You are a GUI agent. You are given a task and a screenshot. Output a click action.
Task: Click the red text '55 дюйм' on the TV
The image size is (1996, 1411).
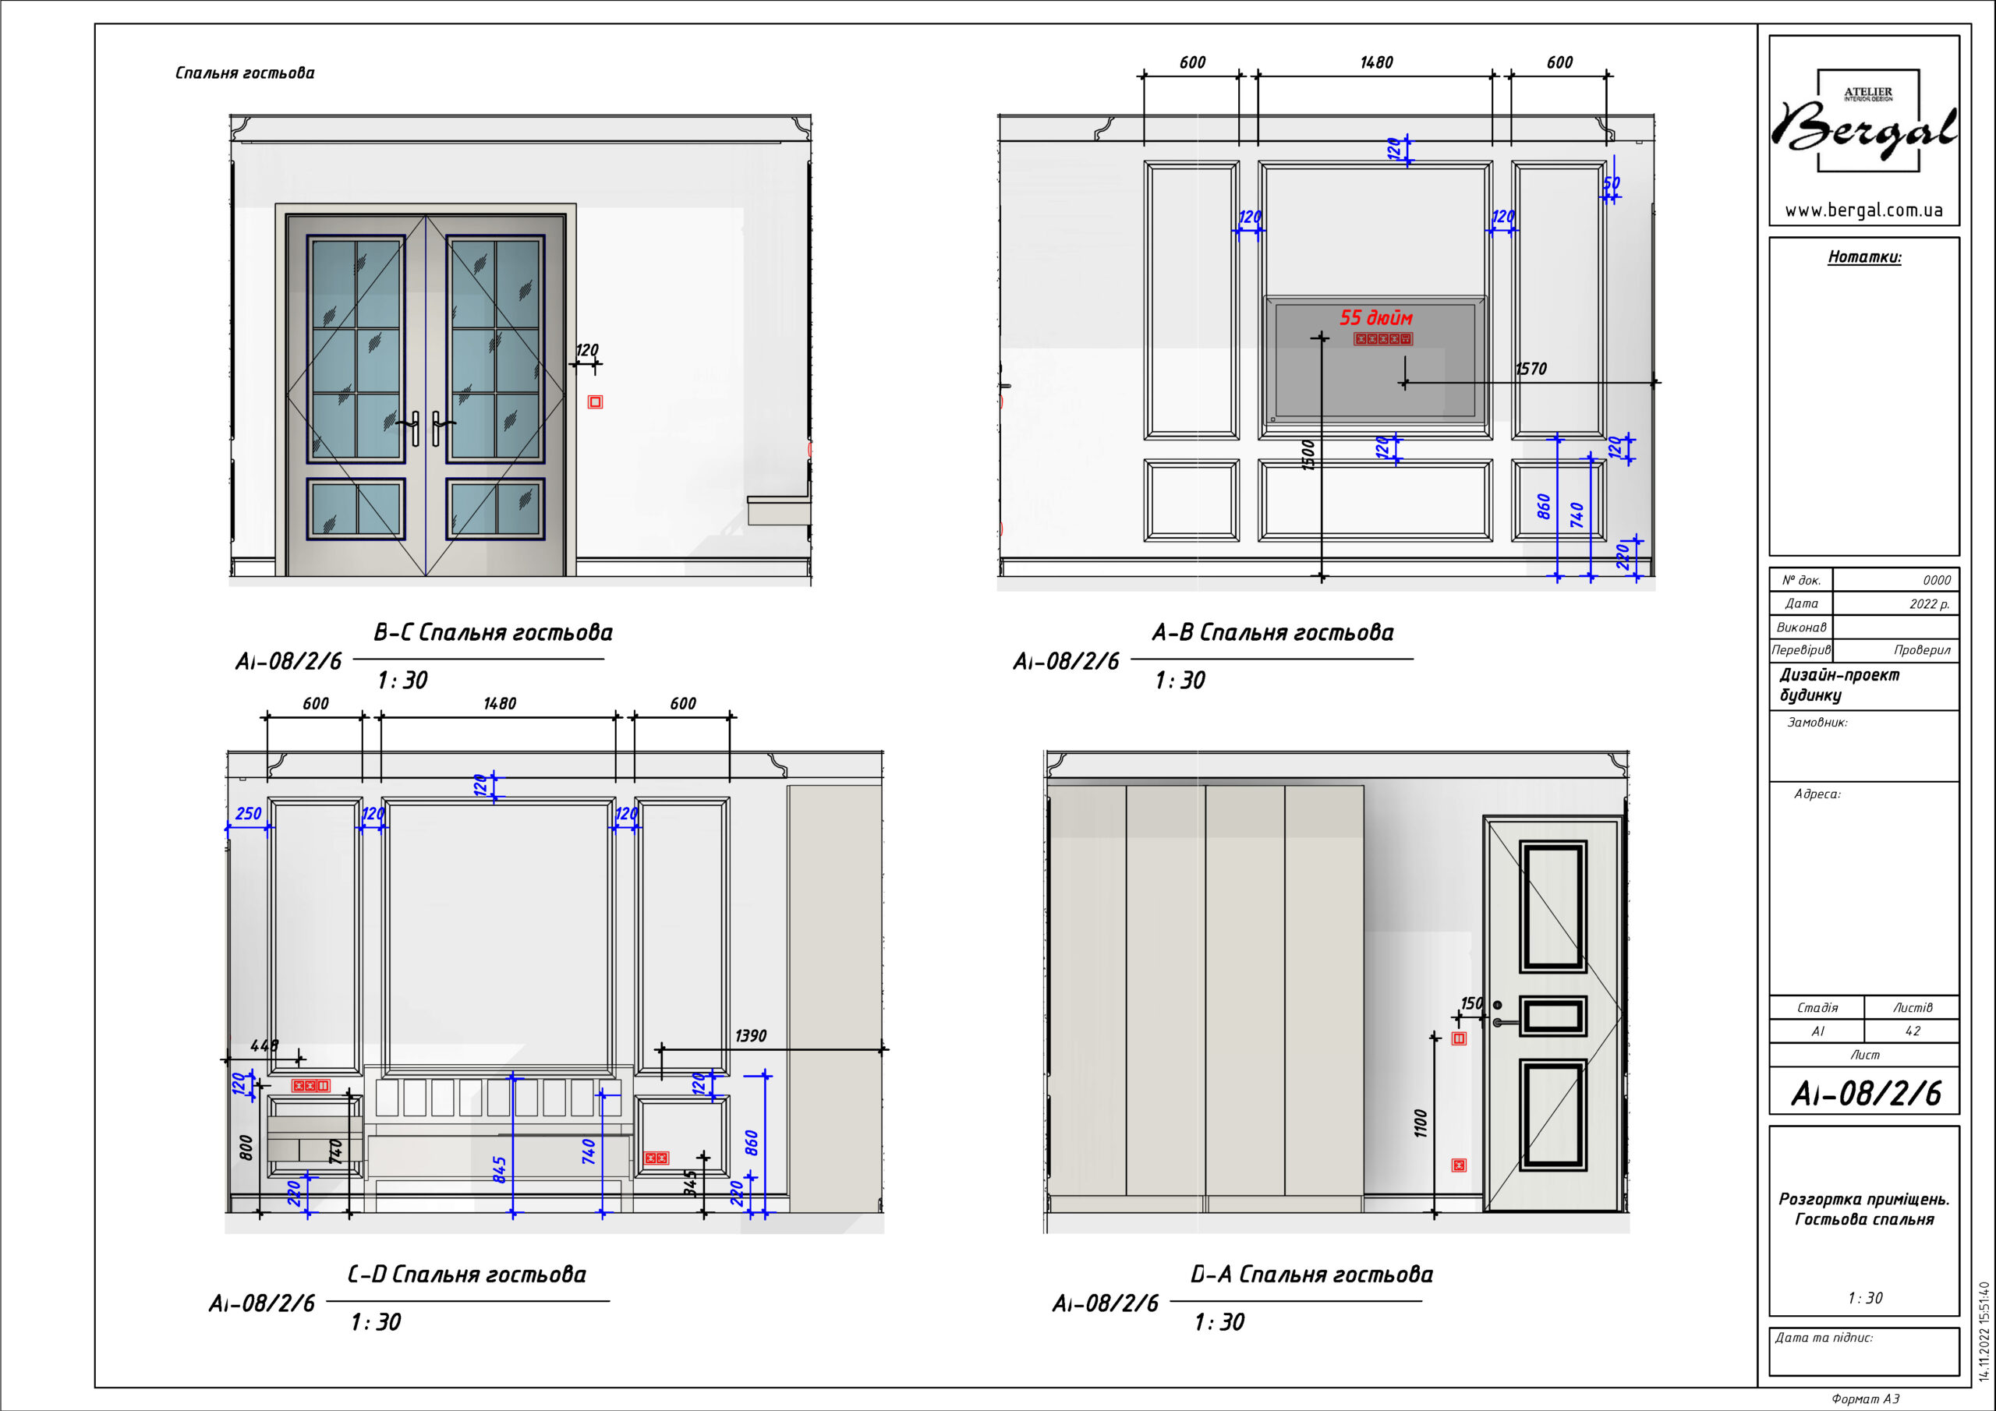[x=1375, y=317]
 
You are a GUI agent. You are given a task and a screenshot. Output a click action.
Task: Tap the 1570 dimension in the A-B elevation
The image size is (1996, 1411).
[x=1531, y=369]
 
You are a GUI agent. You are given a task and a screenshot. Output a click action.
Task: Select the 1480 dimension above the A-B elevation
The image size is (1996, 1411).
[x=1376, y=62]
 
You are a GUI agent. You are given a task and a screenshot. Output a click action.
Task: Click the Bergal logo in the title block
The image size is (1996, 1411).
[x=1864, y=122]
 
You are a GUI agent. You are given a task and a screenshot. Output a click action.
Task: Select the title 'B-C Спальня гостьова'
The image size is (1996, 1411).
[x=493, y=632]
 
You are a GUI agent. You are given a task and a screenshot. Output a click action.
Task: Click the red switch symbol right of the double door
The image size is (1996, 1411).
[x=595, y=401]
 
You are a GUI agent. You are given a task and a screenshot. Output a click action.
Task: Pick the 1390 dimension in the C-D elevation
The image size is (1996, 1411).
[x=750, y=1035]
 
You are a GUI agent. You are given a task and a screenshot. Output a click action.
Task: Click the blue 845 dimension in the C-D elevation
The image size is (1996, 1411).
[x=500, y=1169]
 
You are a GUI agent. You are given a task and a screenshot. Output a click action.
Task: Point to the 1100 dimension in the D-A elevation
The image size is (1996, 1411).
[x=1421, y=1123]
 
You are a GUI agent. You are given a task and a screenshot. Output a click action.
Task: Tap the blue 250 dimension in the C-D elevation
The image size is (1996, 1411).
[x=249, y=814]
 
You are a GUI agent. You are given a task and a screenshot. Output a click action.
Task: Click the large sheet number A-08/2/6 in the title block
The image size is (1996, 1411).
[x=1866, y=1094]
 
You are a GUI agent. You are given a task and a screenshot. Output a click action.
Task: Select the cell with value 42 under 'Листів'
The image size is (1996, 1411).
[x=1913, y=1031]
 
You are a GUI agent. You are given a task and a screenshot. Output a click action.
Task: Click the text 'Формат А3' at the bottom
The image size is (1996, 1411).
[x=1866, y=1399]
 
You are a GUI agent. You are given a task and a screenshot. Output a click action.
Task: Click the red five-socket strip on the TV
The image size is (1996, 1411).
[x=1382, y=339]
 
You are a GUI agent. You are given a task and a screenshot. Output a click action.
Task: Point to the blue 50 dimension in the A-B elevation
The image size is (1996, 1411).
[x=1611, y=183]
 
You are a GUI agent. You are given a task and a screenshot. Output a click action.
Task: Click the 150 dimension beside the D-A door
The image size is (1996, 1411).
[x=1471, y=1003]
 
